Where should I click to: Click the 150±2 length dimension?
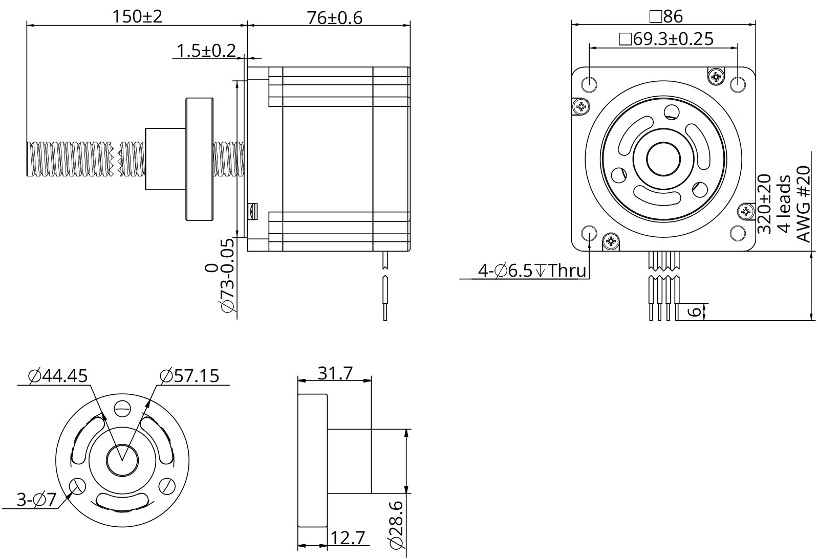(x=137, y=16)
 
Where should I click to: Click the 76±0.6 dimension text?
(x=334, y=18)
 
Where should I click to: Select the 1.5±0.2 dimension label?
(x=206, y=51)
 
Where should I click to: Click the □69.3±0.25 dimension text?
(x=665, y=39)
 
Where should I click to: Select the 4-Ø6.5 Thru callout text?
(x=531, y=270)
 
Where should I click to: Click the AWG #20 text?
(x=804, y=203)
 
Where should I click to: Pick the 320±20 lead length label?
(x=764, y=203)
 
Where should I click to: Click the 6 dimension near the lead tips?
(x=694, y=311)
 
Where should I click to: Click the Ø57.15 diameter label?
(x=189, y=376)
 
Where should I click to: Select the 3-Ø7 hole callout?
(x=36, y=499)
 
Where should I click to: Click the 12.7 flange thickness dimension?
(x=348, y=537)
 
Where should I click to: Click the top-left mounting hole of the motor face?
(x=589, y=83)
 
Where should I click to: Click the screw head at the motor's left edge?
(x=581, y=107)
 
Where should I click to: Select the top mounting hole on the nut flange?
(x=121, y=408)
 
